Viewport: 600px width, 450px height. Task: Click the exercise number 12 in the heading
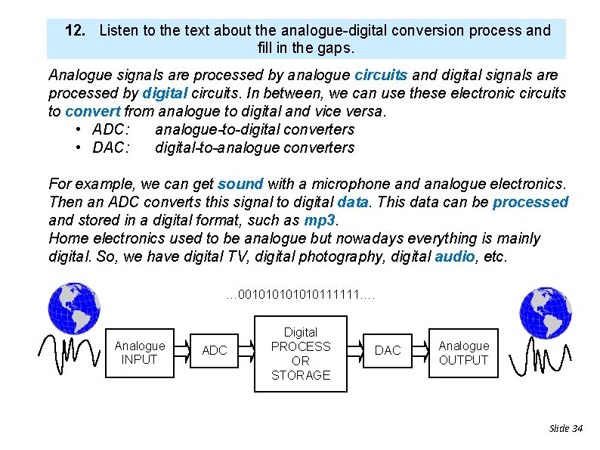(x=74, y=31)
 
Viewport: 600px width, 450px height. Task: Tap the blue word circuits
(x=381, y=75)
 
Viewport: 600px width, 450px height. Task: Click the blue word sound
(x=240, y=184)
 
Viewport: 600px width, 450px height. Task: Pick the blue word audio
(x=455, y=256)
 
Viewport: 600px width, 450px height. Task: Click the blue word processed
(x=530, y=202)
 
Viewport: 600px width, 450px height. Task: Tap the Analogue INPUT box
(x=139, y=352)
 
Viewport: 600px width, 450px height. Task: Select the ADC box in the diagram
(x=215, y=351)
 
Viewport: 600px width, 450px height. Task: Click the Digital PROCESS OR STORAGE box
(x=300, y=353)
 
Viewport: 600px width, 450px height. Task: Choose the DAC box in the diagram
(x=388, y=351)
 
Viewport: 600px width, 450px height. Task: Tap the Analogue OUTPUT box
(x=463, y=353)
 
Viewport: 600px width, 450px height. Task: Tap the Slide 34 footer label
(x=565, y=428)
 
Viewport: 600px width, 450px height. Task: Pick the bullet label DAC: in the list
(x=110, y=147)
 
